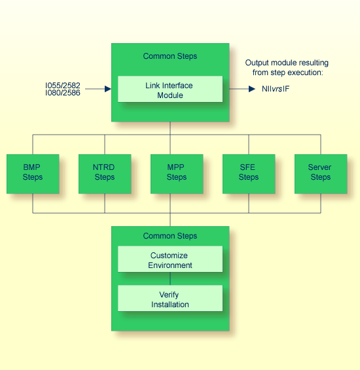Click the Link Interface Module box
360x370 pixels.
point(170,90)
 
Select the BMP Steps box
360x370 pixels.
point(33,173)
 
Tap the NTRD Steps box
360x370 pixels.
point(105,173)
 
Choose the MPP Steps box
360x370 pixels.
point(176,173)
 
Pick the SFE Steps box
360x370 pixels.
point(248,173)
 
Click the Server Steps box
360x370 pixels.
point(320,173)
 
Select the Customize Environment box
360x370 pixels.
point(170,260)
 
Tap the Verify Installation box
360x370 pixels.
point(170,299)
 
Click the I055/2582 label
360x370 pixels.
point(63,85)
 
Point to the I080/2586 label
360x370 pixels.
point(63,93)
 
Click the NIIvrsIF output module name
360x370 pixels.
point(276,89)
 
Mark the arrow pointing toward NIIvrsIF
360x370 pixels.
point(243,89)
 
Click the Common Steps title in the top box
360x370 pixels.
point(170,56)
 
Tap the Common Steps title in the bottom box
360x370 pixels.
point(170,236)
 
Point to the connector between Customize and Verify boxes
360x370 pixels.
point(170,278)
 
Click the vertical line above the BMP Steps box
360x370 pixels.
point(33,144)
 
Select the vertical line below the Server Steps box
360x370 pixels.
point(321,203)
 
